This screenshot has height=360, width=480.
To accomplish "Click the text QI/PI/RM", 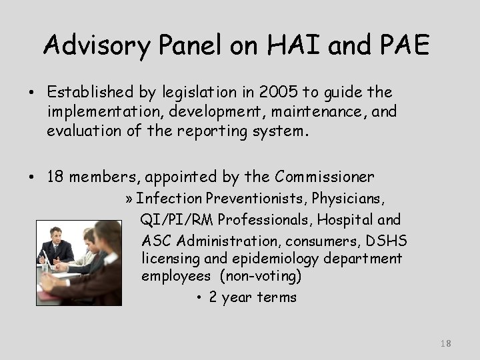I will [x=177, y=219].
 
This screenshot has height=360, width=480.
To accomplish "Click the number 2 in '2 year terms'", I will [x=213, y=297].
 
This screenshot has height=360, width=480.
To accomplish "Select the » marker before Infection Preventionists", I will [x=129, y=198].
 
